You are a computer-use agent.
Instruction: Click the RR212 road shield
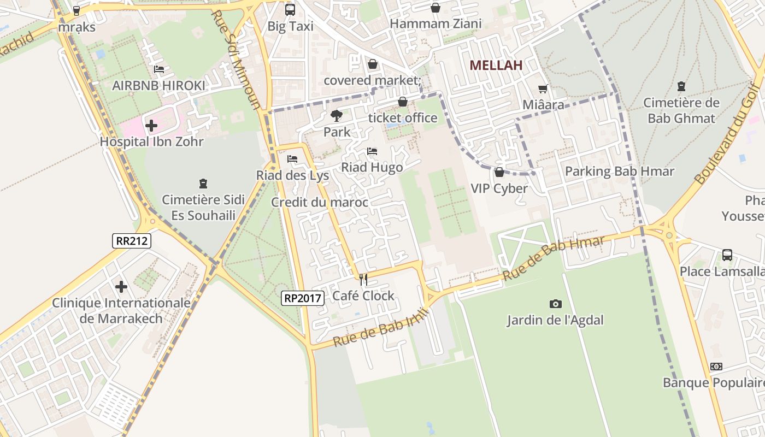pyautogui.click(x=132, y=241)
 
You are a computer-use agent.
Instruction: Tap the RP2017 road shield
pyautogui.click(x=303, y=298)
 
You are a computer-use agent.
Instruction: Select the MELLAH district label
pyautogui.click(x=496, y=66)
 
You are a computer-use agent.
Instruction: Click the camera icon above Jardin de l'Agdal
pyautogui.click(x=555, y=304)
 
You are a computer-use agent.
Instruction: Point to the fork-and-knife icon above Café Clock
pyautogui.click(x=363, y=280)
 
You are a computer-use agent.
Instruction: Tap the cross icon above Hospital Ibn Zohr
pyautogui.click(x=151, y=126)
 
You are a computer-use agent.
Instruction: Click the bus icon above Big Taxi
pyautogui.click(x=290, y=9)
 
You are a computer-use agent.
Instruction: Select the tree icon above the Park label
pyautogui.click(x=337, y=116)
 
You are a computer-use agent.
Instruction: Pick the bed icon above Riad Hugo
pyautogui.click(x=372, y=151)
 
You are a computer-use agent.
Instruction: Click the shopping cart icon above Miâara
pyautogui.click(x=543, y=88)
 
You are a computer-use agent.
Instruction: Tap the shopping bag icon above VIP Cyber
pyautogui.click(x=499, y=172)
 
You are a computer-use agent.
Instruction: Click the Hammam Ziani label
pyautogui.click(x=436, y=24)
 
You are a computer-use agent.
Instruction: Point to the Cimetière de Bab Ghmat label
pyautogui.click(x=681, y=110)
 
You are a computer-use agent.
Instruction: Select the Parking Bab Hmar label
pyautogui.click(x=620, y=172)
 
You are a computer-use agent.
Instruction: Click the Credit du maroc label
pyautogui.click(x=320, y=203)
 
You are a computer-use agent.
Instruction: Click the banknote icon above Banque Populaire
pyautogui.click(x=716, y=367)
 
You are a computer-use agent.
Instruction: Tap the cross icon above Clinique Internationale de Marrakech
pyautogui.click(x=121, y=287)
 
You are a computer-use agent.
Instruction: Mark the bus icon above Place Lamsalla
pyautogui.click(x=727, y=255)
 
